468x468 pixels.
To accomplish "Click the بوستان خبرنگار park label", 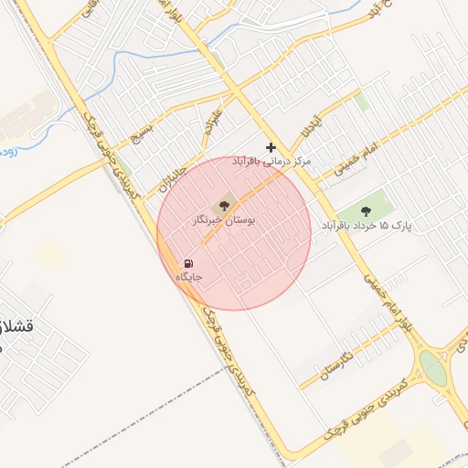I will [x=224, y=221].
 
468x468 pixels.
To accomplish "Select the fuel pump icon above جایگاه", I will [x=188, y=263].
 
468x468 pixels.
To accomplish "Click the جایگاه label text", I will [x=188, y=276].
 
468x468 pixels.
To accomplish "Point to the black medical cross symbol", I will [x=271, y=147].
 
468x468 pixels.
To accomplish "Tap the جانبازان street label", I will [x=173, y=169].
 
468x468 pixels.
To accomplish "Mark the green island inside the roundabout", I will [x=432, y=368].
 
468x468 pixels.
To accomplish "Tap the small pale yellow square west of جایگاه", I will [x=51, y=256].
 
